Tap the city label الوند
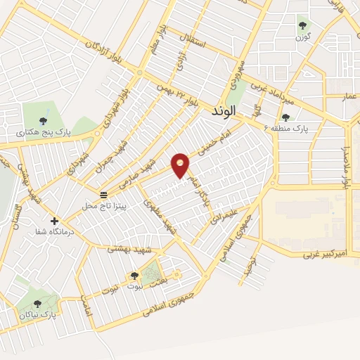229,111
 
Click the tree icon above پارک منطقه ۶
285,118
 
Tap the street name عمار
349,95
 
